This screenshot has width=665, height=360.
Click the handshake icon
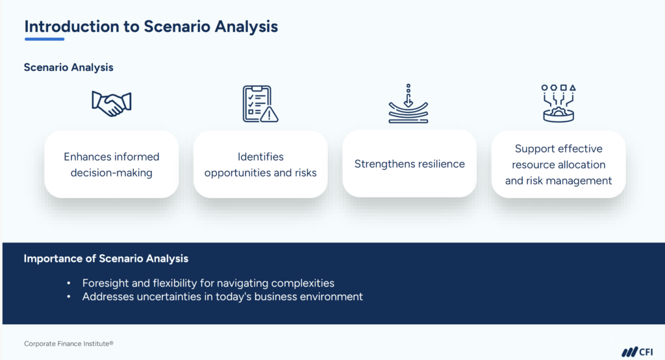112,103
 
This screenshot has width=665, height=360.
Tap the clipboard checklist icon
258,103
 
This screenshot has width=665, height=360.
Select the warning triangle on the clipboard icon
269,114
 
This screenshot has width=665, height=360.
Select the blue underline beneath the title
44,39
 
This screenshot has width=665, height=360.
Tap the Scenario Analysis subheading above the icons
69,68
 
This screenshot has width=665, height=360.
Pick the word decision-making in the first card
111,172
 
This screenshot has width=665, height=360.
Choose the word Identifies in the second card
260,157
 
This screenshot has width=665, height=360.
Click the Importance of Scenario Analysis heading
106,259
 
